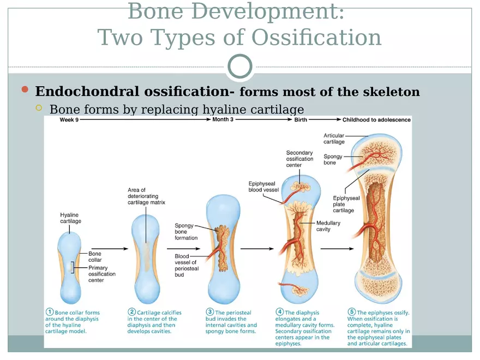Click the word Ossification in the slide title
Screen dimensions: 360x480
pyautogui.click(x=316, y=38)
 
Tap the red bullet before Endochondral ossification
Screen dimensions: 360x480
pyautogui.click(x=24, y=89)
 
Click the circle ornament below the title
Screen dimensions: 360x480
pyautogui.click(x=240, y=66)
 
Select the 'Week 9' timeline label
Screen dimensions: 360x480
pyautogui.click(x=69, y=119)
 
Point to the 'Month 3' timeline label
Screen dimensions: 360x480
pyautogui.click(x=223, y=119)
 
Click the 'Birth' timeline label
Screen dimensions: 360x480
pyautogui.click(x=301, y=119)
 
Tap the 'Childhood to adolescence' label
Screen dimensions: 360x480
pyautogui.click(x=376, y=119)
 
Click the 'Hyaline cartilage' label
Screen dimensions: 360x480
pyautogui.click(x=70, y=218)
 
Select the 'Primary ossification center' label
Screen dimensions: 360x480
pyautogui.click(x=102, y=274)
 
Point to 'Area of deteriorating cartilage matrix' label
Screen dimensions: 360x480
pyautogui.click(x=146, y=196)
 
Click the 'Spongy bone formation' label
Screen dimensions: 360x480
pyautogui.click(x=186, y=231)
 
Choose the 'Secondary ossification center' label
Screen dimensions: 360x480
pyautogui.click(x=299, y=159)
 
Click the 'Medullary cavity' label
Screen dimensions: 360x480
pyautogui.click(x=328, y=226)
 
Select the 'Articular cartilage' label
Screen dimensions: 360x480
pyautogui.click(x=334, y=139)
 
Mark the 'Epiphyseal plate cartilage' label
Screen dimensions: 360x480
pyautogui.click(x=346, y=204)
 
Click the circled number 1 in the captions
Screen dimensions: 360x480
pyautogui.click(x=49, y=313)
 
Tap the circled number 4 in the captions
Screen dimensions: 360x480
pyautogui.click(x=279, y=313)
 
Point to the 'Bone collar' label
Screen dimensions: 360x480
pyautogui.click(x=95, y=256)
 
